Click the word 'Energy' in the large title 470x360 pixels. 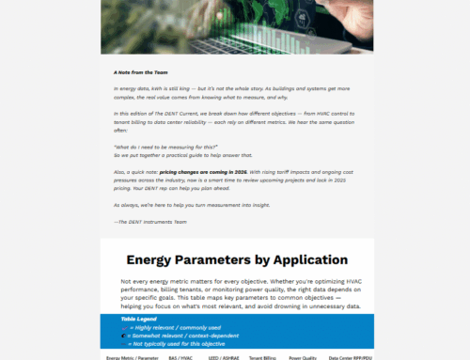[161, 260]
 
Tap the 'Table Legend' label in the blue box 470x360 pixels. [139, 319]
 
